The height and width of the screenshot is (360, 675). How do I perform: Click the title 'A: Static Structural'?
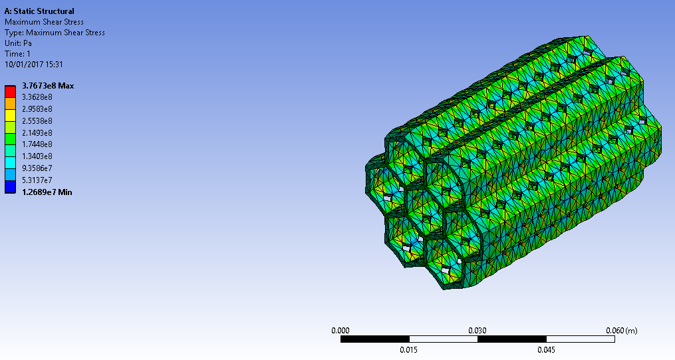pos(39,11)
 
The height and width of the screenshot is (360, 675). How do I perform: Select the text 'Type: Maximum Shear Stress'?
pos(55,33)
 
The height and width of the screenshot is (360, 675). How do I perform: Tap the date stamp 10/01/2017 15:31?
pos(33,65)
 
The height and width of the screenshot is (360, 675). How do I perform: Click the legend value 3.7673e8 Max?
pos(48,86)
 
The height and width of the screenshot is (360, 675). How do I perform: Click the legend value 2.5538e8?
pos(38,121)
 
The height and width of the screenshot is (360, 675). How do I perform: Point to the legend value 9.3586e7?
pos(38,168)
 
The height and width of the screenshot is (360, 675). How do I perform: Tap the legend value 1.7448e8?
pos(38,144)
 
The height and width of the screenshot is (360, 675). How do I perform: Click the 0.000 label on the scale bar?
pos(340,330)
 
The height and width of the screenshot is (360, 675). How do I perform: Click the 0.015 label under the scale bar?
pos(408,350)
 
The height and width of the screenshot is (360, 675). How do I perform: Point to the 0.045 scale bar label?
pos(546,350)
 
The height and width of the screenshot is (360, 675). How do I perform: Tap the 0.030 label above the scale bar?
pos(477,330)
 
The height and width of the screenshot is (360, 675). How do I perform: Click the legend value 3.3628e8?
pos(38,97)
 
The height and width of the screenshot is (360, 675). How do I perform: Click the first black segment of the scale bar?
pos(374,339)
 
